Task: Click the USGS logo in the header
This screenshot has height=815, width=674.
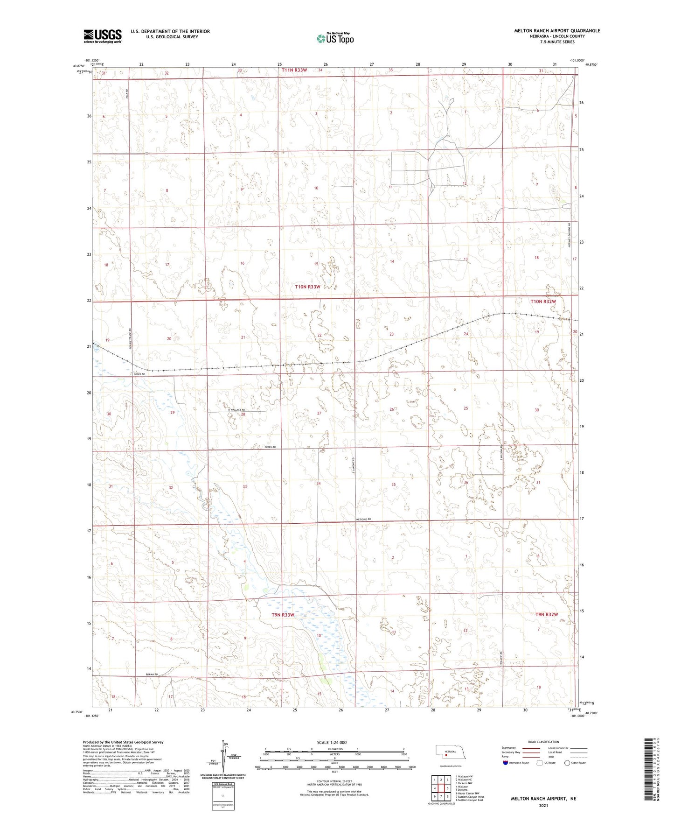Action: (103, 36)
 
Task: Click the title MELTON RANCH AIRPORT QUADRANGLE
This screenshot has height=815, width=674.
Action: (557, 31)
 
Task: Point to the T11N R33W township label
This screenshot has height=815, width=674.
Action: (294, 70)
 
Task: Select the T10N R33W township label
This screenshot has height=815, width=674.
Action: (307, 287)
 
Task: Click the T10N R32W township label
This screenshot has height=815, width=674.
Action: (543, 302)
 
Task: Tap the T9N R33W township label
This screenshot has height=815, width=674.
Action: (283, 615)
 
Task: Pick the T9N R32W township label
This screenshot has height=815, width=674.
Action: (547, 614)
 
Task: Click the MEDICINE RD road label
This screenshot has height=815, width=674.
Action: (363, 519)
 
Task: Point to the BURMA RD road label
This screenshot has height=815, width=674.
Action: (152, 674)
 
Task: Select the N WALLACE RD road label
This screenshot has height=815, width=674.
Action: (236, 410)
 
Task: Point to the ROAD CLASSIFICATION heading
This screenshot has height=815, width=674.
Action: (543, 742)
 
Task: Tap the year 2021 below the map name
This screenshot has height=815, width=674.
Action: (543, 806)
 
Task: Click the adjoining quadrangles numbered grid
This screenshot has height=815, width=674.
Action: (441, 788)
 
